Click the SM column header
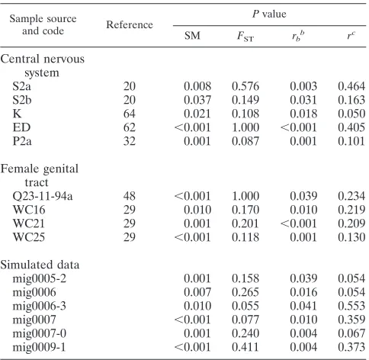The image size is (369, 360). point(192,35)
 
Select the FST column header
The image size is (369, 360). point(245,36)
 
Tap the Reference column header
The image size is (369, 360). point(130,24)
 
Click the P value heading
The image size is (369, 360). point(269,14)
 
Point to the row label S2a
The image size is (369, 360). point(21,86)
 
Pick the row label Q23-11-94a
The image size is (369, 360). point(43,196)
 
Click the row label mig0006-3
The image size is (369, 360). point(40,306)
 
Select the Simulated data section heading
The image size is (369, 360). point(40,265)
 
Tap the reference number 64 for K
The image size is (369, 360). point(130,114)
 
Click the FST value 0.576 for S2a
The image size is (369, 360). point(245,86)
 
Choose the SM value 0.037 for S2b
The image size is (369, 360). point(197,100)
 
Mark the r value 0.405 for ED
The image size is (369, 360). point(351,127)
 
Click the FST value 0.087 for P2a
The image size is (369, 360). point(245,141)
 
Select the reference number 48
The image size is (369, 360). point(130,196)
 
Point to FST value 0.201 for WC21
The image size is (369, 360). point(245,223)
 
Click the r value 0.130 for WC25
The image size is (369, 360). point(351,237)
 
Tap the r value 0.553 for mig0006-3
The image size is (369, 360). point(351,306)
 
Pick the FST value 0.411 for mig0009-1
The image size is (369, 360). point(245,347)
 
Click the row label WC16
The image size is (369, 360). point(29,210)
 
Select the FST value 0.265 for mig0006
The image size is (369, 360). point(245,292)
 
